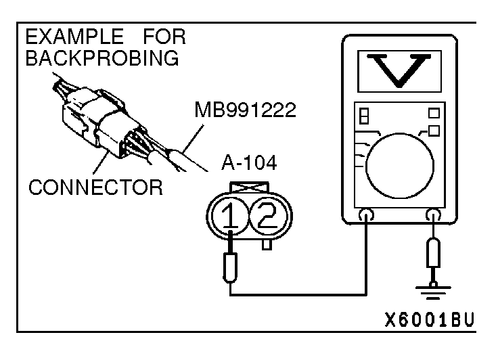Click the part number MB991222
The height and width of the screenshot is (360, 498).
point(245,110)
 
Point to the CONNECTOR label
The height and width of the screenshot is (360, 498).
point(95,187)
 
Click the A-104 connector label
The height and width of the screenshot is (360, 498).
point(249,163)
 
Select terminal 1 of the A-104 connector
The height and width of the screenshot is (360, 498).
point(230,215)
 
